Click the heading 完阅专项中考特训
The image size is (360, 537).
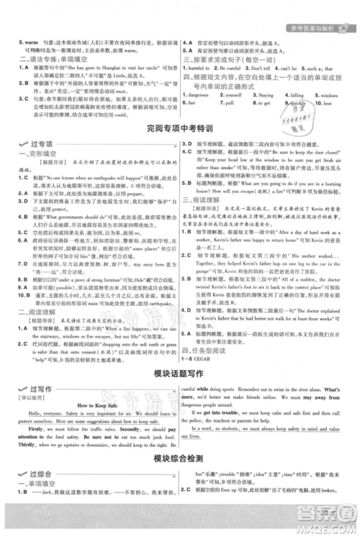pyautogui.click(x=179, y=129)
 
